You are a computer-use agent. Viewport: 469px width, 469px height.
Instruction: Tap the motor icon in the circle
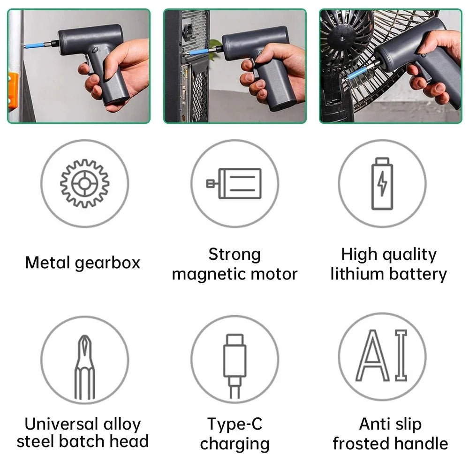(234, 183)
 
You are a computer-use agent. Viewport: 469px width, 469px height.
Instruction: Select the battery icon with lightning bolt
(382, 183)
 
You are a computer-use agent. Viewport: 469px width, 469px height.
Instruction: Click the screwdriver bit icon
(84, 367)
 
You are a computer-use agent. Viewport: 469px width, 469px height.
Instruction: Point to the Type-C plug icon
(235, 366)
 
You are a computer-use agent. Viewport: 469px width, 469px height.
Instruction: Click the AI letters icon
(382, 355)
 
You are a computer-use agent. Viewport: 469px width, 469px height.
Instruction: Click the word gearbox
(107, 263)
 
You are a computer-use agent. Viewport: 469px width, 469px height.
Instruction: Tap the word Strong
(234, 255)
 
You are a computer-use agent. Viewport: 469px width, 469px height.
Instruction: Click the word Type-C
(235, 424)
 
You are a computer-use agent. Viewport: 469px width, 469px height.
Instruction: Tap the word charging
(235, 444)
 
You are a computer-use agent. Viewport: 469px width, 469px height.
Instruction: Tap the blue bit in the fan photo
(359, 73)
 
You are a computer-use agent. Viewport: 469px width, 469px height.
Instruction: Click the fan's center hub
(341, 38)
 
